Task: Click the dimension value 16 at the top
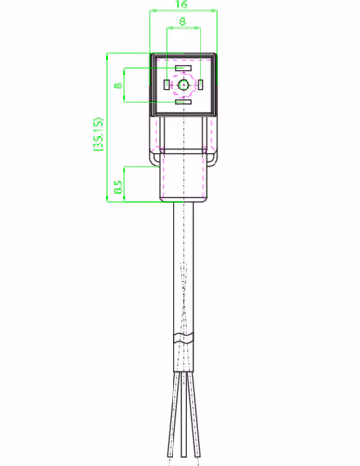181,5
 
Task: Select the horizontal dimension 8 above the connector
182,21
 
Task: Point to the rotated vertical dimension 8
118,85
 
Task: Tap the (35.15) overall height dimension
99,134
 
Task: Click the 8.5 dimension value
118,186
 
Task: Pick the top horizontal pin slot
184,68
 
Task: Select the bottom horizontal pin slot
184,102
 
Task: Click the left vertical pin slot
167,85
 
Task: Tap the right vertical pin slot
201,85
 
